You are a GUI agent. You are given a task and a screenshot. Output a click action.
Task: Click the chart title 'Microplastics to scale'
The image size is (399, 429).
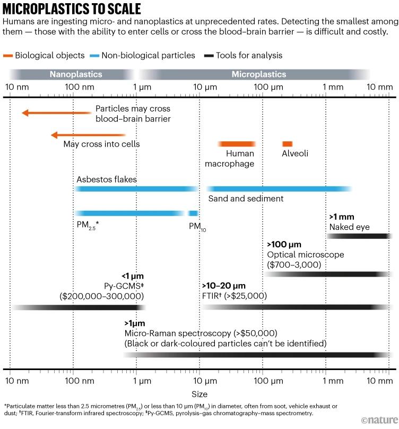pos(72,10)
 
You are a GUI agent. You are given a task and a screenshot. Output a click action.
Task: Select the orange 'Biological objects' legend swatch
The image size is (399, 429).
pos(8,55)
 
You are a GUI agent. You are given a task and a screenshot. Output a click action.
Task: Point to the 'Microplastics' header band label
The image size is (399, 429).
pos(259,75)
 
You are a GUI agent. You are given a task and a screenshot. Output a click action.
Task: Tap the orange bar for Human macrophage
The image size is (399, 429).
pos(237,144)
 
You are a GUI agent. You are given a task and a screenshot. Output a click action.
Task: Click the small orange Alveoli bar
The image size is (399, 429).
pos(287,144)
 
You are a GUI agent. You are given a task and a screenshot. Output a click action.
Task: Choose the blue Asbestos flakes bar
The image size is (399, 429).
pos(136,188)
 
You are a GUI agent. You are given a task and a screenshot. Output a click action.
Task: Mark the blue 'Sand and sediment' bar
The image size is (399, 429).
pos(278,188)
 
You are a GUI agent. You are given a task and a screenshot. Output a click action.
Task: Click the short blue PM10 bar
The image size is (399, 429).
pos(193,213)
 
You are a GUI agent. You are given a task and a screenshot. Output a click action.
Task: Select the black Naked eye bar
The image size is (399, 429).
pos(359,235)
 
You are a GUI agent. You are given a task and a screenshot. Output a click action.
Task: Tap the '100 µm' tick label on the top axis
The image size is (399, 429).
pos(263,87)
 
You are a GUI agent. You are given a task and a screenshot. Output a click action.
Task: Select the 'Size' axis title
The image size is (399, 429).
pos(199,394)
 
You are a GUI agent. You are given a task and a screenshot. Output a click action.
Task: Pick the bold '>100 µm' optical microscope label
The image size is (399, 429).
pos(284,245)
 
